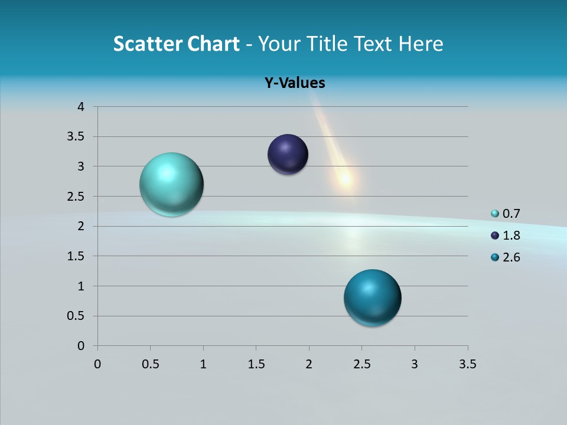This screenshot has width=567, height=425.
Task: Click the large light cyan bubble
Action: coord(171,184)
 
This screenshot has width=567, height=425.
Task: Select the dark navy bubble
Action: coord(288,155)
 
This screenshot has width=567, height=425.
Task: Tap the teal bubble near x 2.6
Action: coord(372,297)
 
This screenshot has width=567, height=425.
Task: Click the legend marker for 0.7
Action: coord(495,214)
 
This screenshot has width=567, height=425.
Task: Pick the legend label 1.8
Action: coord(511,236)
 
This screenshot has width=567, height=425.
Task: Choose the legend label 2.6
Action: coord(511,257)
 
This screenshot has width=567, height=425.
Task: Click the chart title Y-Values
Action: coord(294,83)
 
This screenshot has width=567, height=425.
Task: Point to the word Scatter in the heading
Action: coord(148,44)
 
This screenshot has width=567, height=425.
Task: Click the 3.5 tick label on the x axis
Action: coord(467,364)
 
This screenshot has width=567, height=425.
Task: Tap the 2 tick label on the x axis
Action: coord(309,364)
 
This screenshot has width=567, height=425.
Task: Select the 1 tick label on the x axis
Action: coord(203,364)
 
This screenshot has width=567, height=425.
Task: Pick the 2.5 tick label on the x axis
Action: coord(361,364)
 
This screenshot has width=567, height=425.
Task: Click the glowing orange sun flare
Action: coord(344,178)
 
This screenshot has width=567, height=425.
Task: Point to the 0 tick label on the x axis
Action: coord(97,364)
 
